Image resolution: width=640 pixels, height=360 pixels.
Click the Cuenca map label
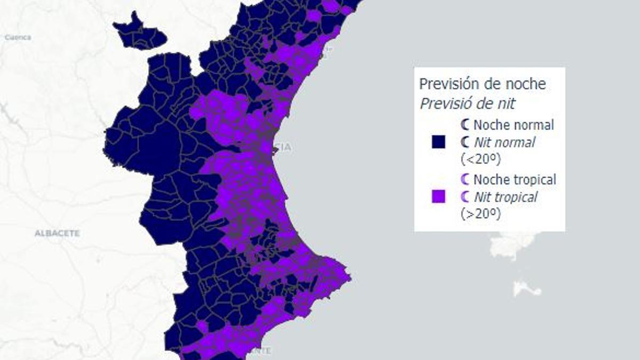(18, 37)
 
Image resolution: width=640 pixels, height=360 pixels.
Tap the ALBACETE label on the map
(57, 233)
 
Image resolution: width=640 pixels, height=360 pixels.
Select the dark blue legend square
(438, 142)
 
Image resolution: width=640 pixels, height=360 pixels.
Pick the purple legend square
(438, 197)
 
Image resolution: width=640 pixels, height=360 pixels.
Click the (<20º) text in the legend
(480, 159)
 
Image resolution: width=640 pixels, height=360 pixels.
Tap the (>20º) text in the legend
(480, 214)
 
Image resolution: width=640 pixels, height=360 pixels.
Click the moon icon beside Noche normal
(466, 125)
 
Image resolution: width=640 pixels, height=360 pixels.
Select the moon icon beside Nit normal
(466, 142)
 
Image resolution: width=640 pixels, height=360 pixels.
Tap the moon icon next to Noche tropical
(466, 179)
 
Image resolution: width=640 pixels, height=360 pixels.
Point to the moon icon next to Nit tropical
(466, 197)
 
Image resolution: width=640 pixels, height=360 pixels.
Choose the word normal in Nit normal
(515, 142)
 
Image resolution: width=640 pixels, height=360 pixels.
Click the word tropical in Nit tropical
(516, 197)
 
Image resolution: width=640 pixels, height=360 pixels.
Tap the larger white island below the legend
(513, 245)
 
